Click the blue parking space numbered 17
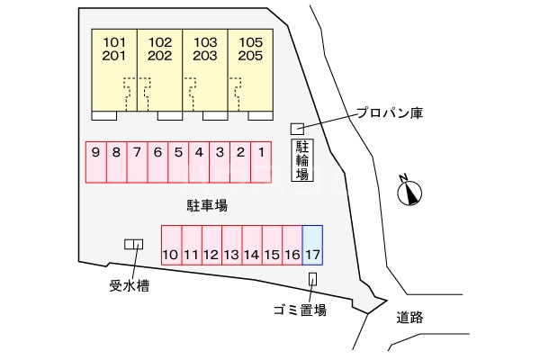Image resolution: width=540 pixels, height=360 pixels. click(x=312, y=244)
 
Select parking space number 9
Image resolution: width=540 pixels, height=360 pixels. click(x=95, y=163)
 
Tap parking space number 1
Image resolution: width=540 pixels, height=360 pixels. click(x=261, y=163)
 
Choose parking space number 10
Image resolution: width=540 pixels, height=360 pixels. click(x=171, y=244)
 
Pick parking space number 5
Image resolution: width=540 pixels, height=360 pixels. click(x=178, y=163)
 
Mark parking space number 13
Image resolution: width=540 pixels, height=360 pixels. click(x=231, y=244)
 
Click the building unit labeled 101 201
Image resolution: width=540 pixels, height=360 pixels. click(x=114, y=70)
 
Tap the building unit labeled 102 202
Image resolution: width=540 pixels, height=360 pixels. click(x=160, y=70)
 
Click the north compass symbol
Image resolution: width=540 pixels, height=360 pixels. click(x=411, y=192)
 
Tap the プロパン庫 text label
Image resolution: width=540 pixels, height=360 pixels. click(x=389, y=113)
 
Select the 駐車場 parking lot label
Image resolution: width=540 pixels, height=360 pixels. click(x=206, y=205)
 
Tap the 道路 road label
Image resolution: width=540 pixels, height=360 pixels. click(x=409, y=317)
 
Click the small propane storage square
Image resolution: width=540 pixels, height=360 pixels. click(x=296, y=129)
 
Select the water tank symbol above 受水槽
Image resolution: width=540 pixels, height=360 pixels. click(x=133, y=244)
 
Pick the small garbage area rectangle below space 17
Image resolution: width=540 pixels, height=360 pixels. click(x=312, y=279)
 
